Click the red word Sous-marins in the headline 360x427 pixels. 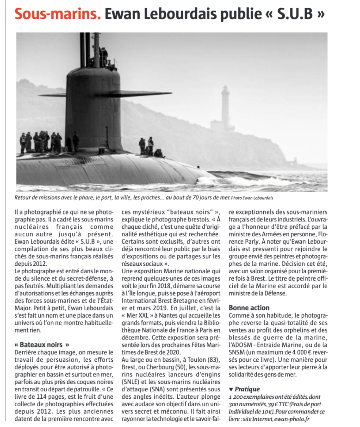pos(57,14)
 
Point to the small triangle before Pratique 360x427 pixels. pos(231,389)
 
